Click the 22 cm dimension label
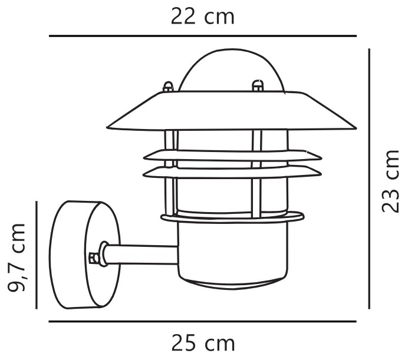[x=202, y=16]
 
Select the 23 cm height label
[x=390, y=181]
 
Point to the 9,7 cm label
[x=16, y=257]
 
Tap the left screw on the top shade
[x=168, y=87]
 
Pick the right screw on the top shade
[x=258, y=85]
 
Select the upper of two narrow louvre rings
[x=233, y=156]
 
